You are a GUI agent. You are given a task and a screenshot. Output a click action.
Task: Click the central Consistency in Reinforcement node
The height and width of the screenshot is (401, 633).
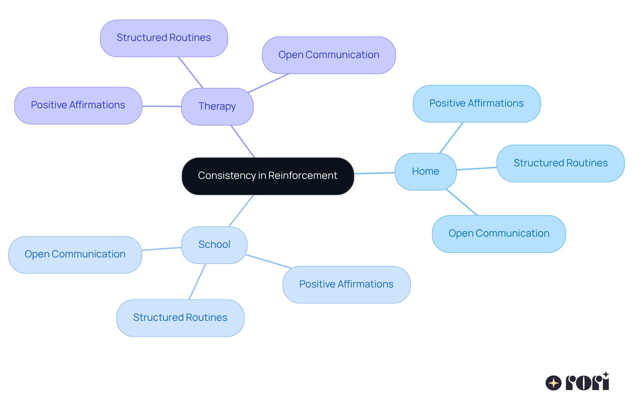(x=268, y=176)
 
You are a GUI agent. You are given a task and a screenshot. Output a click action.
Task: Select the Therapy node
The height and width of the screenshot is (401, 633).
(x=217, y=106)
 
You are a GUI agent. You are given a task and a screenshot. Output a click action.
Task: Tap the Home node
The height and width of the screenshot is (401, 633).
(x=425, y=171)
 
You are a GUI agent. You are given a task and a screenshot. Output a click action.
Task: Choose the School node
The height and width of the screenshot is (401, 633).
(x=214, y=245)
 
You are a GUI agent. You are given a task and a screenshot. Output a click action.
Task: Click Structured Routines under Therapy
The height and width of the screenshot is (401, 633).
(x=164, y=38)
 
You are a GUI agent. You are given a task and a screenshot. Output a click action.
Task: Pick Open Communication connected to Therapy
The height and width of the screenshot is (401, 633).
(x=329, y=55)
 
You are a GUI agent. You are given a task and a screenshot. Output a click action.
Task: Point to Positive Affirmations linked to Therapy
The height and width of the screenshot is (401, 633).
(x=78, y=105)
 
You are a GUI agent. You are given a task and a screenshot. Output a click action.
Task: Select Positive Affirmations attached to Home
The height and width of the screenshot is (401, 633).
(x=476, y=104)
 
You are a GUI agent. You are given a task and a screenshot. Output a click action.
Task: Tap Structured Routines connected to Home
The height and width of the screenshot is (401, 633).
(x=560, y=163)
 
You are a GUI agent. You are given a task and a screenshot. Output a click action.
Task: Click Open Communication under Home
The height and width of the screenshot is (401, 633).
(x=498, y=234)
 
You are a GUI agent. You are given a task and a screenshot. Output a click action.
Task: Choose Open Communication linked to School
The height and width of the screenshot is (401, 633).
(x=75, y=254)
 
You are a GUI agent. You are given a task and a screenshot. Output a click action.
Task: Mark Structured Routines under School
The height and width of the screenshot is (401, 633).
(x=180, y=317)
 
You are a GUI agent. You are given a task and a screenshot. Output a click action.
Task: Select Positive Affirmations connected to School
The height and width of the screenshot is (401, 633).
(x=346, y=284)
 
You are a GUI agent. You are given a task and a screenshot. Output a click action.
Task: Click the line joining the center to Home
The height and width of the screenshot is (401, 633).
(x=374, y=173)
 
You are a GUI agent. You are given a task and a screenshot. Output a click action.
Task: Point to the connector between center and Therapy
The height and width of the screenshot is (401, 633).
(x=243, y=141)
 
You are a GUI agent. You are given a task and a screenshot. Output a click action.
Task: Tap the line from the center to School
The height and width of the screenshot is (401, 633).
(x=241, y=211)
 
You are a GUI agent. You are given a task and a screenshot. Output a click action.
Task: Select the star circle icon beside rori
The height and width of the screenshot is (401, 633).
(x=553, y=383)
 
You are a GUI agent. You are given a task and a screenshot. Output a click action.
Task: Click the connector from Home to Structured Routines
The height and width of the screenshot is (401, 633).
(x=476, y=169)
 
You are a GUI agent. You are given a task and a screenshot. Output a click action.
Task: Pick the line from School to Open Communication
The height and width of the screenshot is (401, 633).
(x=162, y=249)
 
